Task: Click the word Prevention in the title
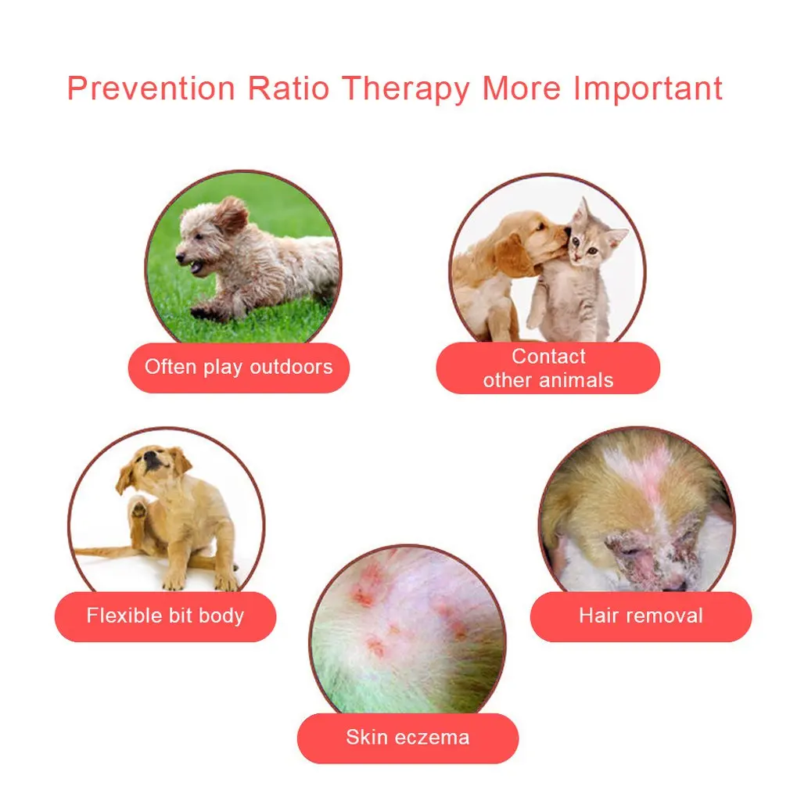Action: [150, 88]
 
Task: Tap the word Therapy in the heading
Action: [405, 88]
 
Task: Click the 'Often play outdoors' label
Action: [239, 368]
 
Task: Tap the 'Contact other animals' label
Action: [548, 368]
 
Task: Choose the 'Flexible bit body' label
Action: [165, 616]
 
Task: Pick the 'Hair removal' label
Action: [641, 616]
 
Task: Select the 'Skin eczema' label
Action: [408, 738]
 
